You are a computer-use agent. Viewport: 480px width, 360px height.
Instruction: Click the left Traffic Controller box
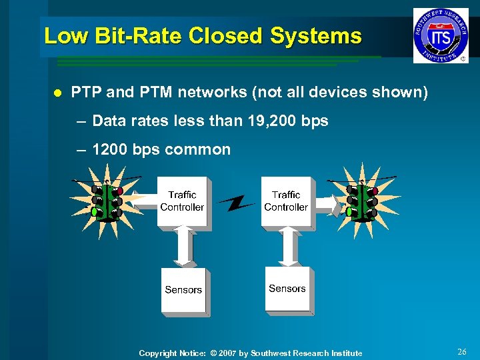point(182,201)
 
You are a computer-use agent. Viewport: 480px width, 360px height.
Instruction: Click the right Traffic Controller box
point(286,201)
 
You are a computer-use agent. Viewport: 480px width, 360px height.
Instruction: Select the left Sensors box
point(183,290)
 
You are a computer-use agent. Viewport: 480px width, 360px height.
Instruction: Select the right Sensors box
point(287,289)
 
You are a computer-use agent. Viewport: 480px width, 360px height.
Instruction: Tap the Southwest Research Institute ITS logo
point(441,35)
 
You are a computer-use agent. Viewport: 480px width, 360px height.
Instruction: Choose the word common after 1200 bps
point(197,149)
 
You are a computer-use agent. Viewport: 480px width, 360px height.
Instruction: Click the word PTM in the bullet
point(150,92)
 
